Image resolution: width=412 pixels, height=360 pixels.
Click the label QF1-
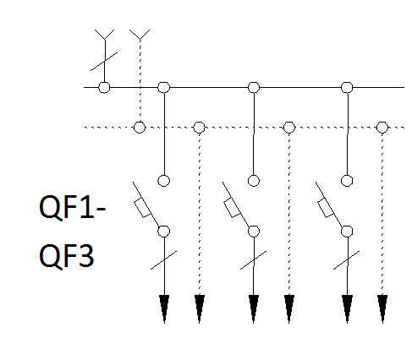72,207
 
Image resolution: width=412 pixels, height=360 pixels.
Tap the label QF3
66,256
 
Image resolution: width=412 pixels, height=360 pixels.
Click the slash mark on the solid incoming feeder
104,62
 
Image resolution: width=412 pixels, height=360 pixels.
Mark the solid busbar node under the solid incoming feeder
104,87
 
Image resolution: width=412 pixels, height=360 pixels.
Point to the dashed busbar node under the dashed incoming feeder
140,127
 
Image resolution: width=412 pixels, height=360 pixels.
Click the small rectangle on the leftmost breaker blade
142,208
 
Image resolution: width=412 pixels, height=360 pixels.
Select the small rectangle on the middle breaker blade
232,208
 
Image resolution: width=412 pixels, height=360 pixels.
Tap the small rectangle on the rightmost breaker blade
326,208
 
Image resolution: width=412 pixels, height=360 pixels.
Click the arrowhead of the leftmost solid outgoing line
164,308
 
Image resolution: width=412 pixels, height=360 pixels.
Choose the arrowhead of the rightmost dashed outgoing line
382,308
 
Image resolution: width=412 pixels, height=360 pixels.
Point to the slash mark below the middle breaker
253,260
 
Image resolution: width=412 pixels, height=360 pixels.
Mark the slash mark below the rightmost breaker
347,260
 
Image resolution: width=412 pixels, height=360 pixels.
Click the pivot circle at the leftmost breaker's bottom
164,232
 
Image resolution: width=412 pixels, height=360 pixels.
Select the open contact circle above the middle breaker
254,181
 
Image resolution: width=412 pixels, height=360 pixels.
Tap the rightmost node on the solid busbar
347,87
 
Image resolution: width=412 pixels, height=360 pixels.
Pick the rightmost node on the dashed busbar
382,128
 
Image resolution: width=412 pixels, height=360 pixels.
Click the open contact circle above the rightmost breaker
347,181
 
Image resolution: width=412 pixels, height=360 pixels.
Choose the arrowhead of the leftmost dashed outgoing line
200,308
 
